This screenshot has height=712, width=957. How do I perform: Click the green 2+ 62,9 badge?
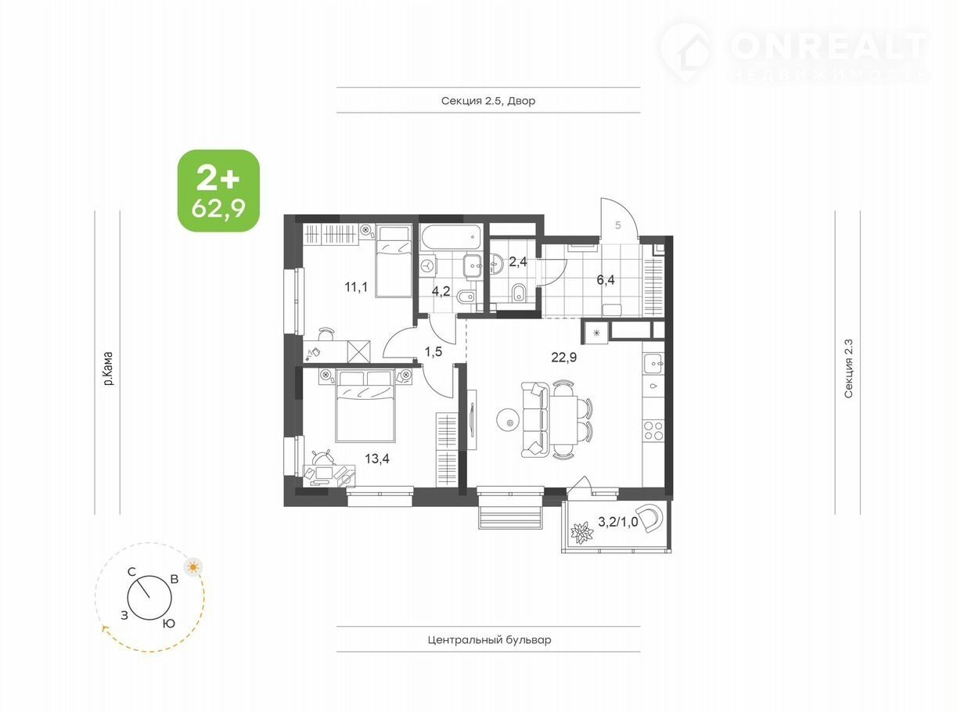[219, 190]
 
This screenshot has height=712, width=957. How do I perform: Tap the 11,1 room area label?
[356, 286]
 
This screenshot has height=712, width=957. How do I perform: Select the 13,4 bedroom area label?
[377, 458]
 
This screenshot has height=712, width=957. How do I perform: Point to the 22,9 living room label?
[564, 358]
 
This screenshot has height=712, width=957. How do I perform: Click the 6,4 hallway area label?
[606, 280]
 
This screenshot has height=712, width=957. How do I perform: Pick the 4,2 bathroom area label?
[441, 291]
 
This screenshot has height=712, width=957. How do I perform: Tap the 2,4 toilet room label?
[518, 261]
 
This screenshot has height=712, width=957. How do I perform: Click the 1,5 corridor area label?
[434, 351]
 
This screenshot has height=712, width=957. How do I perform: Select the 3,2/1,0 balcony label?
[618, 522]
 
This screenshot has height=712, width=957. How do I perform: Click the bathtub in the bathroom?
[451, 238]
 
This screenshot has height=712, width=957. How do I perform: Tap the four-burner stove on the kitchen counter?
[653, 431]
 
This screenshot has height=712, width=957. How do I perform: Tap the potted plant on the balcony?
[582, 534]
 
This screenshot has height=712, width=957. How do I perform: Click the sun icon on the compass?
[193, 566]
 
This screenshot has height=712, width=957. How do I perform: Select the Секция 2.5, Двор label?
[488, 101]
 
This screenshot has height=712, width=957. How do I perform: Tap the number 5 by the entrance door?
[618, 225]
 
